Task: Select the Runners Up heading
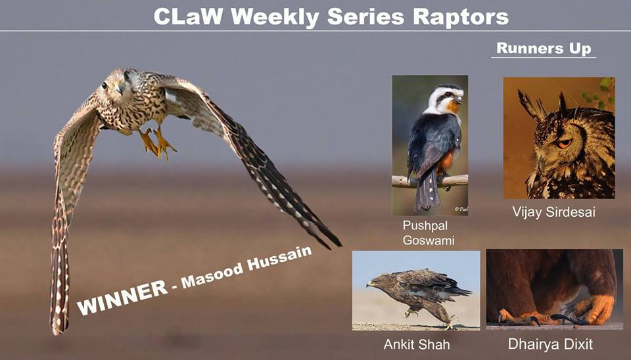pos(544,48)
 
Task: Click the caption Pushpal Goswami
pos(428,233)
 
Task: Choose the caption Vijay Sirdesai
pos(553,212)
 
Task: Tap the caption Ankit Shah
pos(417,344)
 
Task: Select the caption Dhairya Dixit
pos(550,344)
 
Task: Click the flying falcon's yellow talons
pos(157,143)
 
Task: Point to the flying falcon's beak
pos(120,89)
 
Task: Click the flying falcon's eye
pos(105,85)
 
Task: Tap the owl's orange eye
pos(564,143)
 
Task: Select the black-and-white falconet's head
pos(445,99)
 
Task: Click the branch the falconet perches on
pos(429,181)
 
